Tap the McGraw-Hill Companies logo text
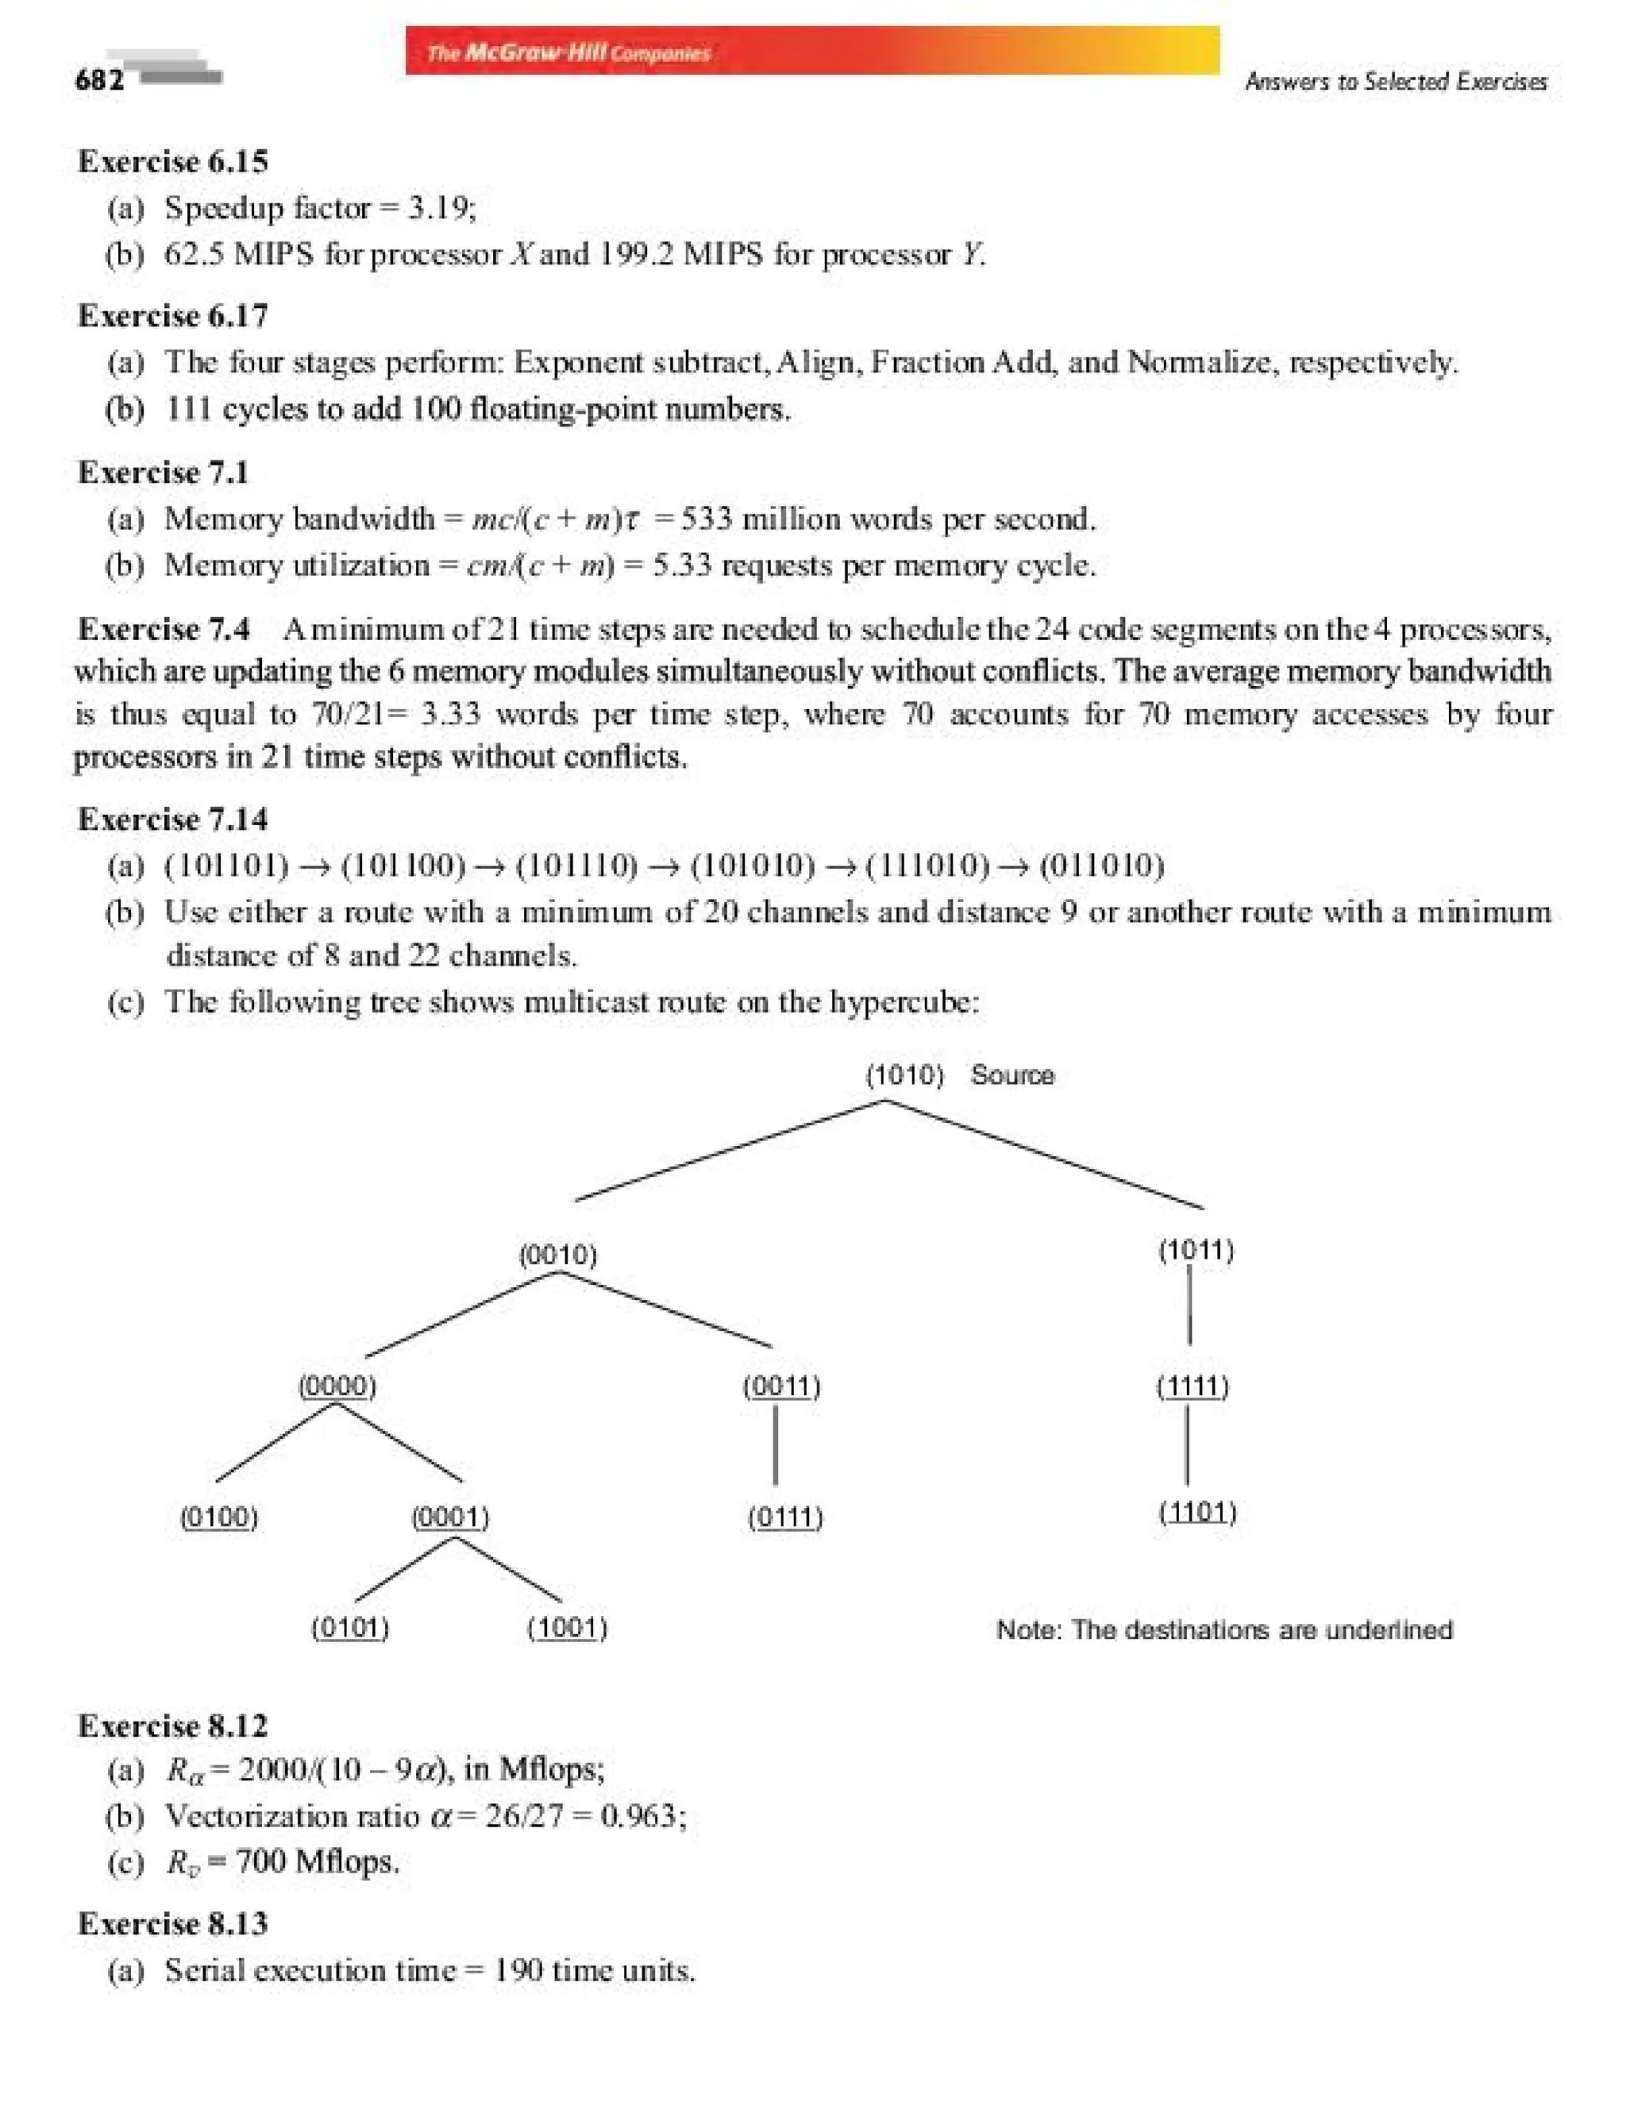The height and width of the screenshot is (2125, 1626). tap(569, 53)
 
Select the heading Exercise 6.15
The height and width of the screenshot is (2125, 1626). tap(172, 160)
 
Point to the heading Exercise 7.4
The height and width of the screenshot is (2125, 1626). tap(164, 629)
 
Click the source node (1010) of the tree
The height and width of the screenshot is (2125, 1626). tap(904, 1074)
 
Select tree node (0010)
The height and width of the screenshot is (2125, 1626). tap(557, 1255)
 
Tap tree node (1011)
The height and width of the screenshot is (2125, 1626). tap(1196, 1250)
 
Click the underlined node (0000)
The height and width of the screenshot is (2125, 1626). tap(337, 1386)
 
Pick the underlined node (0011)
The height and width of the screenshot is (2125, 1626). tap(781, 1386)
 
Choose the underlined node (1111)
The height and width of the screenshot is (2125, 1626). tap(1193, 1386)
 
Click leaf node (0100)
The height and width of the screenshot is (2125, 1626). tap(220, 1516)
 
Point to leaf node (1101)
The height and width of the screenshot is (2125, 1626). tap(1197, 1511)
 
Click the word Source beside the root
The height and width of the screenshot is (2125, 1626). tap(1012, 1074)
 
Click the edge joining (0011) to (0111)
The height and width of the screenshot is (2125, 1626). tap(776, 1444)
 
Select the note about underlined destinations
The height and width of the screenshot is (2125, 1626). tap(1224, 1629)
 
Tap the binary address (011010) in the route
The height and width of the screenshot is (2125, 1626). tap(1101, 865)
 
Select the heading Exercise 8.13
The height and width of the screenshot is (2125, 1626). tap(172, 1923)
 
